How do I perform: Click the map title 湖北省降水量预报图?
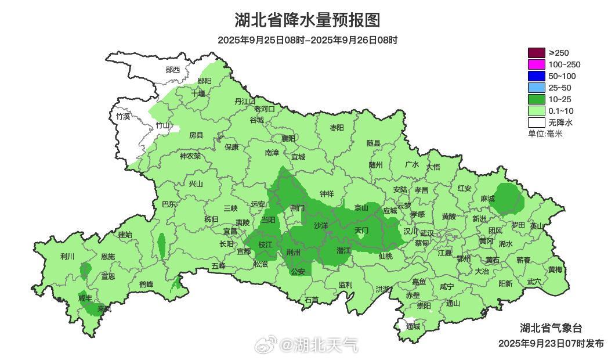point(307,20)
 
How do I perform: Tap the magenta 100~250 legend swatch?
point(537,64)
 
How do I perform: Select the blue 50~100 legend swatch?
point(537,76)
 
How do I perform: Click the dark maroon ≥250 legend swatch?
point(537,53)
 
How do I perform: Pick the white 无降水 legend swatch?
point(537,123)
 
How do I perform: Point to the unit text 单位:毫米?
point(545,134)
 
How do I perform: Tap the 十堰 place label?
point(198,93)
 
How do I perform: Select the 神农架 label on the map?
point(190,156)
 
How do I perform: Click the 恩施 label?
point(108,257)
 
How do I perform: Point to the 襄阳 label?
point(288,138)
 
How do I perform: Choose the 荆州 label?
point(294,252)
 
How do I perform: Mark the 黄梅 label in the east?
point(555,269)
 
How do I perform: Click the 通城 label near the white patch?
point(413,326)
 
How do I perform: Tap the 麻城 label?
point(487,199)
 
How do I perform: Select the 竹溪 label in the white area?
point(123,116)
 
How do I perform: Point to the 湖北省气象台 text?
point(550,327)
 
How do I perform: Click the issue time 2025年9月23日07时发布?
point(551,343)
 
